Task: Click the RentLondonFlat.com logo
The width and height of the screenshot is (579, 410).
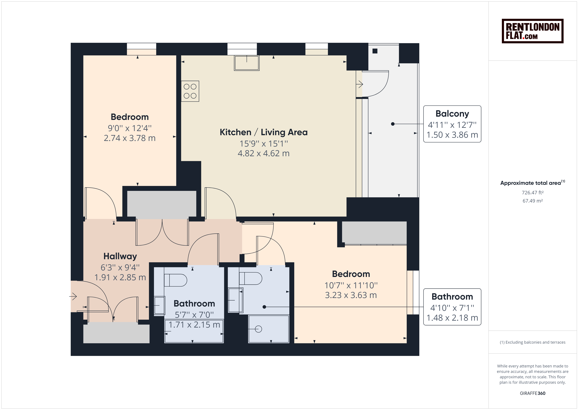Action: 532,31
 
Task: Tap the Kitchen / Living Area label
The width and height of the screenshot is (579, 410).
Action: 264,132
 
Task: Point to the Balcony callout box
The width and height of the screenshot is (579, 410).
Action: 452,124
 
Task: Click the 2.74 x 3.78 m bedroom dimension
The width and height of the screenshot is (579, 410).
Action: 130,138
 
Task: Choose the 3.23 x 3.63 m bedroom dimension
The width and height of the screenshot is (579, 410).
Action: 351,295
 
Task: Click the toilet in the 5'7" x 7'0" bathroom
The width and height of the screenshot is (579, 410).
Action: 175,280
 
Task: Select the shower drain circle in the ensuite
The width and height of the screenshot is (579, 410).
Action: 258,329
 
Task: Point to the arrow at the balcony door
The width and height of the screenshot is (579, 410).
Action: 359,84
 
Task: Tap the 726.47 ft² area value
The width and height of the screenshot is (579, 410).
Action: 533,193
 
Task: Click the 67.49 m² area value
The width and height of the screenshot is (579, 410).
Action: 533,201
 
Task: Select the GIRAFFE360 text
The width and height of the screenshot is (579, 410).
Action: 533,393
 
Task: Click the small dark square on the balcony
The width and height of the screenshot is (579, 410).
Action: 375,51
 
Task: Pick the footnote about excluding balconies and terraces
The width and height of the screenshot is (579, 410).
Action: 533,342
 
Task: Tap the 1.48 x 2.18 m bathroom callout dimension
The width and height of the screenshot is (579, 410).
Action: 452,318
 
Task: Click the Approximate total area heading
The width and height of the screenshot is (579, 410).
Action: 533,183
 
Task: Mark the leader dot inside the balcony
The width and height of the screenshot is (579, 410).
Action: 393,124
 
